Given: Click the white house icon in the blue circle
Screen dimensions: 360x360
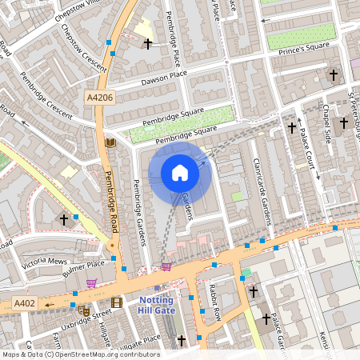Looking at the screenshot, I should (x=180, y=173).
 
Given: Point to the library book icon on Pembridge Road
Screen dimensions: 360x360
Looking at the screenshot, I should (x=110, y=142).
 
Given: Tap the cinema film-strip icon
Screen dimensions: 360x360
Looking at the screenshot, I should (x=118, y=302).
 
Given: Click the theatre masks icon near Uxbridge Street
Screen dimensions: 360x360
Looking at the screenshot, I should (x=84, y=310).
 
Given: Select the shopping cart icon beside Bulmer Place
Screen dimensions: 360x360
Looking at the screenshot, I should (x=92, y=282).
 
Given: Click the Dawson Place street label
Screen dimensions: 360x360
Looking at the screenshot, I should (x=162, y=78).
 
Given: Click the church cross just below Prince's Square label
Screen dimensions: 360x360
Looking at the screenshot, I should (x=334, y=75).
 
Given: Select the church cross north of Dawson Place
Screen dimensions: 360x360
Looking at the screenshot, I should (x=148, y=42).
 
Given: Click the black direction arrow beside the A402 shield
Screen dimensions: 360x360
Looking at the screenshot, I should (x=50, y=305).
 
